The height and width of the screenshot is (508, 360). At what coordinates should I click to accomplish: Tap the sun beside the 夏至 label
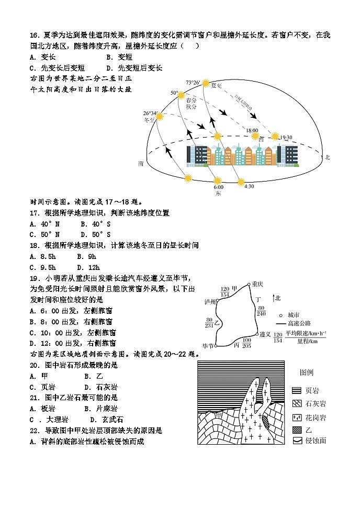click(x=205, y=84)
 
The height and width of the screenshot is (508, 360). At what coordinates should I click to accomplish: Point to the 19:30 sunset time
click(x=286, y=138)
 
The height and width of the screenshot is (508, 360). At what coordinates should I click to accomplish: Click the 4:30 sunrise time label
click(x=249, y=186)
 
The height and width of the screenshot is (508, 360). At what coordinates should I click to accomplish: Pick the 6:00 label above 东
click(x=218, y=187)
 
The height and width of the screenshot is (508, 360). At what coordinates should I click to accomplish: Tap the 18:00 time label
click(x=252, y=130)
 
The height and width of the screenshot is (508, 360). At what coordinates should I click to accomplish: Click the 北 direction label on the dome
click(x=328, y=156)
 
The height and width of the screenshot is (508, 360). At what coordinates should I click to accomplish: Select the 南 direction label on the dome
click(x=141, y=163)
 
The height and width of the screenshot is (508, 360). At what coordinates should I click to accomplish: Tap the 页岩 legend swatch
click(x=296, y=390)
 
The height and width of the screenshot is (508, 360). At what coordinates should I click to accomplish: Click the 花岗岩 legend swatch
click(x=296, y=417)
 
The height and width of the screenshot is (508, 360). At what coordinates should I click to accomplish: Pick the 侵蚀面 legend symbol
click(x=296, y=441)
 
